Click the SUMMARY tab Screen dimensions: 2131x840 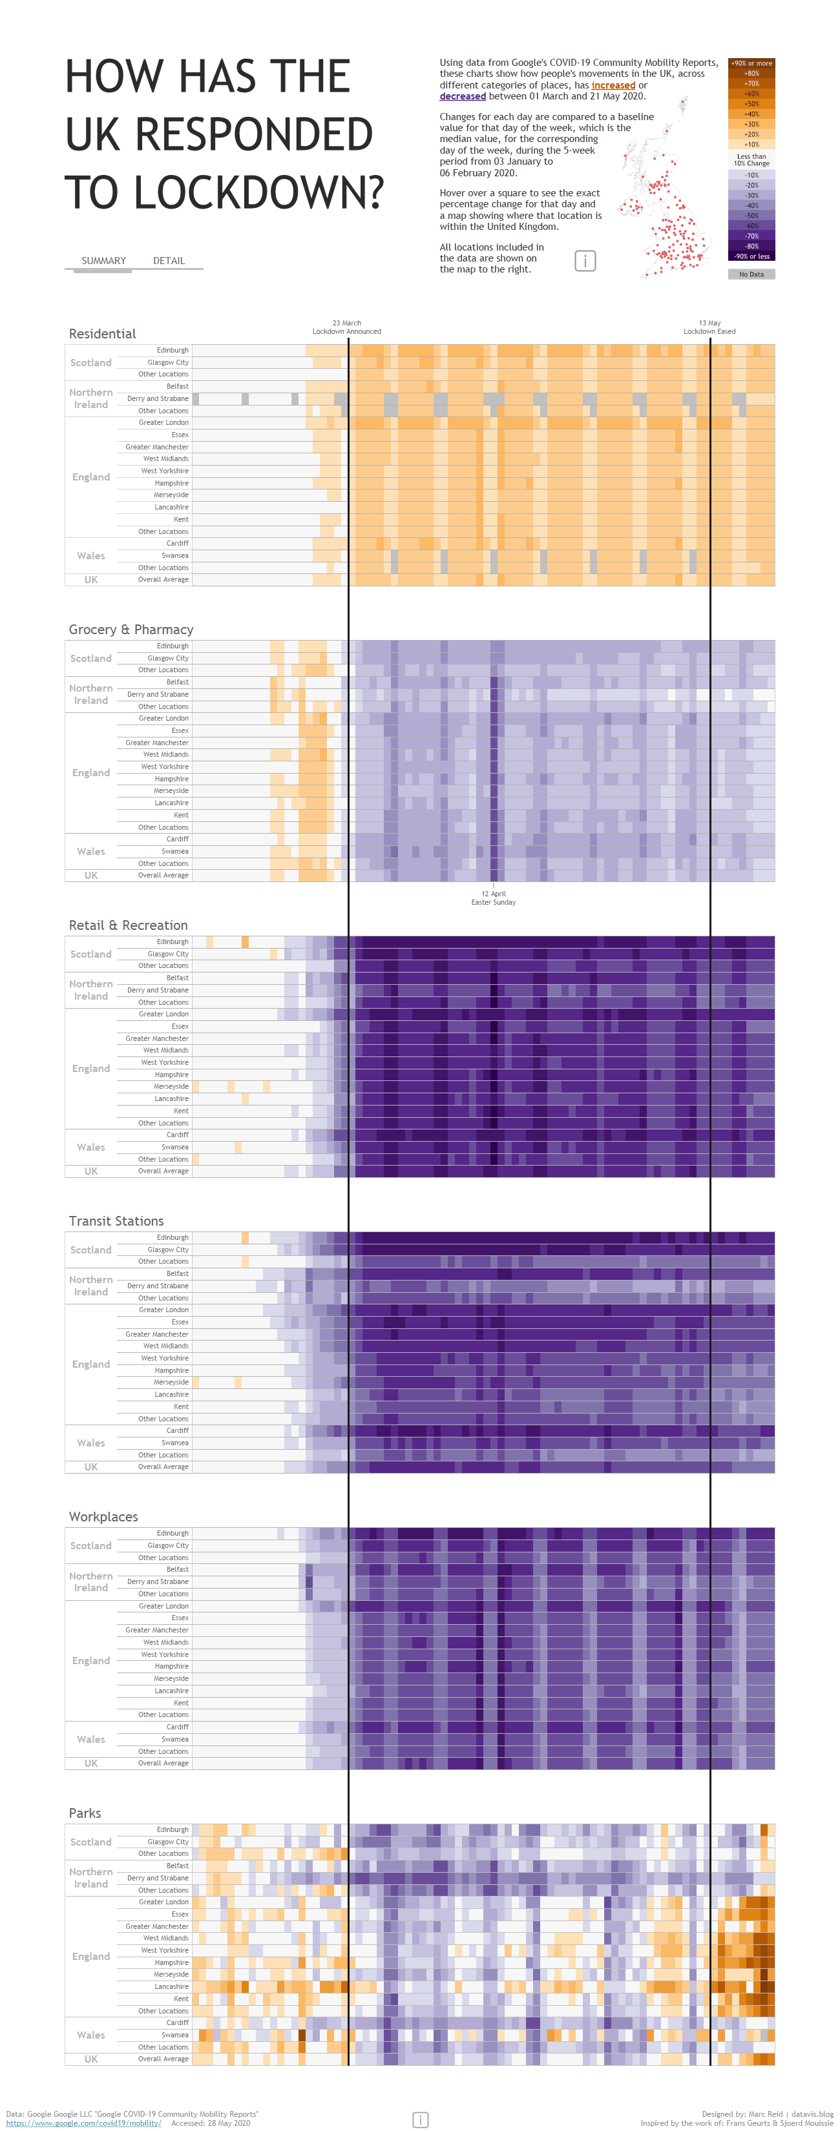[x=103, y=261]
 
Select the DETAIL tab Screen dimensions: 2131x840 [x=169, y=261]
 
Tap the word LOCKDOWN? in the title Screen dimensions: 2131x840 [x=259, y=192]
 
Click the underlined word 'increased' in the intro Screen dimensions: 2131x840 [x=613, y=85]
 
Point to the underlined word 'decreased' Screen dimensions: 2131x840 [x=462, y=97]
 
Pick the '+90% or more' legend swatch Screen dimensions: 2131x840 [x=751, y=63]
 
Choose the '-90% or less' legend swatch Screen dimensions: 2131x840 [x=751, y=256]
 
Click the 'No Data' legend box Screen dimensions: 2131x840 [x=751, y=274]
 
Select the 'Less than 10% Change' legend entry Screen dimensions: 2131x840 [x=751, y=160]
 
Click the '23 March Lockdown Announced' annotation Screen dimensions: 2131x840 [x=347, y=327]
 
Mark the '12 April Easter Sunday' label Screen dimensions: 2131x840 [x=493, y=898]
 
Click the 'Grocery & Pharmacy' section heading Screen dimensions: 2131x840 [x=131, y=630]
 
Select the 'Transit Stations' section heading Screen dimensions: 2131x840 [x=116, y=1221]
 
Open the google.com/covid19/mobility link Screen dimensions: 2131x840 [x=83, y=2123]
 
